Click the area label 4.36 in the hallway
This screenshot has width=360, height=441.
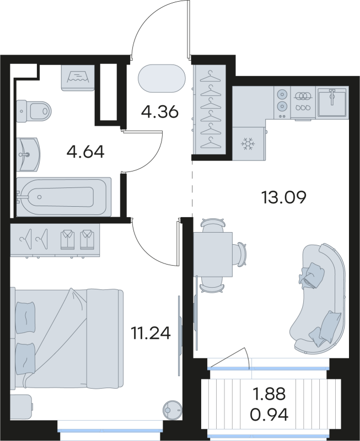(159, 112)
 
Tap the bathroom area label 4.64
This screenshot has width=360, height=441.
(85, 152)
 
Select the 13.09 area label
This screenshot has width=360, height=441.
(284, 197)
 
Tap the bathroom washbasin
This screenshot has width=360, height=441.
(28, 153)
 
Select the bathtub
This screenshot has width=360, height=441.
(63, 196)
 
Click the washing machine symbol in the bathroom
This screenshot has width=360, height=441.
(80, 76)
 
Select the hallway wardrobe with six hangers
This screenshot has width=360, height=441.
(210, 109)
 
